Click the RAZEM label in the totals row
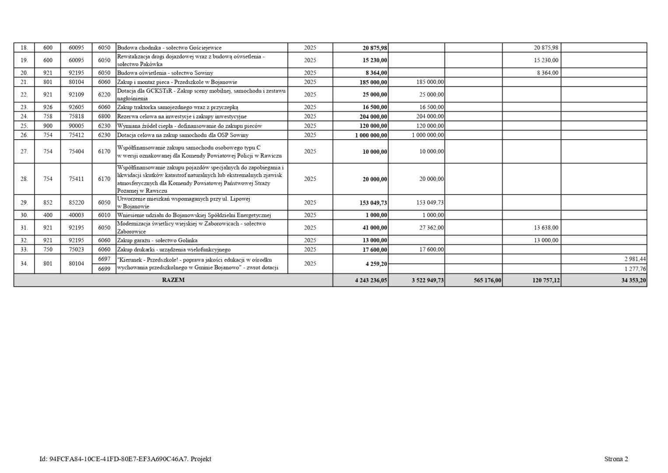click(173, 280)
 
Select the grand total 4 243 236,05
click(371, 281)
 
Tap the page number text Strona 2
click(616, 459)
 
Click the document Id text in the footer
click(125, 459)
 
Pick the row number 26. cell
click(24, 135)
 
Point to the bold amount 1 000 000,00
click(371, 135)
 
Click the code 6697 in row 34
click(104, 259)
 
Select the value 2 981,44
click(635, 259)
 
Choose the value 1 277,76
click(635, 269)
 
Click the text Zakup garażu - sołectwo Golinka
click(157, 240)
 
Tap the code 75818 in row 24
click(76, 116)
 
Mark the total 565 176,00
click(487, 281)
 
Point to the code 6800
click(104, 116)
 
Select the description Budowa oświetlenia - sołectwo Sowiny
click(165, 73)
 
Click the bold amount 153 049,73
click(371, 203)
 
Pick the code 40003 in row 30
click(76, 215)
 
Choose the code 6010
click(104, 215)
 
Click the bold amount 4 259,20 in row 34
click(374, 264)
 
